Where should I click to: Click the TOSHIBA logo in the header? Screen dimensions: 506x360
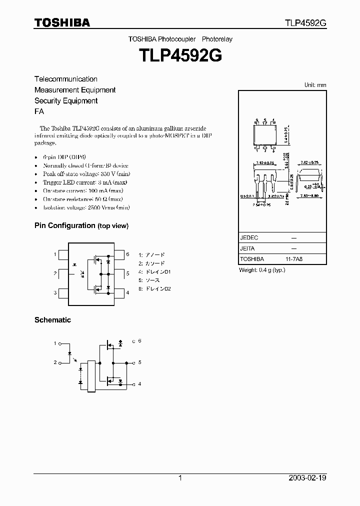point(61,22)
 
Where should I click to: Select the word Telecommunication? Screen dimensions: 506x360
point(65,79)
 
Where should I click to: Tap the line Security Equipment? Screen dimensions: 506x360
point(65,101)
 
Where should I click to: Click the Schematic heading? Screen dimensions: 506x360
point(52,320)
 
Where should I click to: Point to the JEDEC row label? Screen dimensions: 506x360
point(249,238)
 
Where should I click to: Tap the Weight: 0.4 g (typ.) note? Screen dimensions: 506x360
point(262,270)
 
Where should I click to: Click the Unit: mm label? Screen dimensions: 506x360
point(315,85)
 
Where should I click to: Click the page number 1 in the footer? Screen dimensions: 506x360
point(180,478)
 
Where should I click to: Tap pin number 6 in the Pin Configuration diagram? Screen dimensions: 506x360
point(127,254)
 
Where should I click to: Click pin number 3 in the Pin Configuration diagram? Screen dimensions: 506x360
point(55,292)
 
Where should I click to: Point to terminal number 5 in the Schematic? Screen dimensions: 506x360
point(139,362)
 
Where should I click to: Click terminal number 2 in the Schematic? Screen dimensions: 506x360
point(55,362)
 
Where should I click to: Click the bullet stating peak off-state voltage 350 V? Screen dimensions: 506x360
point(82,173)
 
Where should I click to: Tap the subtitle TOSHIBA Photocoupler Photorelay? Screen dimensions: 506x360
point(180,39)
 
